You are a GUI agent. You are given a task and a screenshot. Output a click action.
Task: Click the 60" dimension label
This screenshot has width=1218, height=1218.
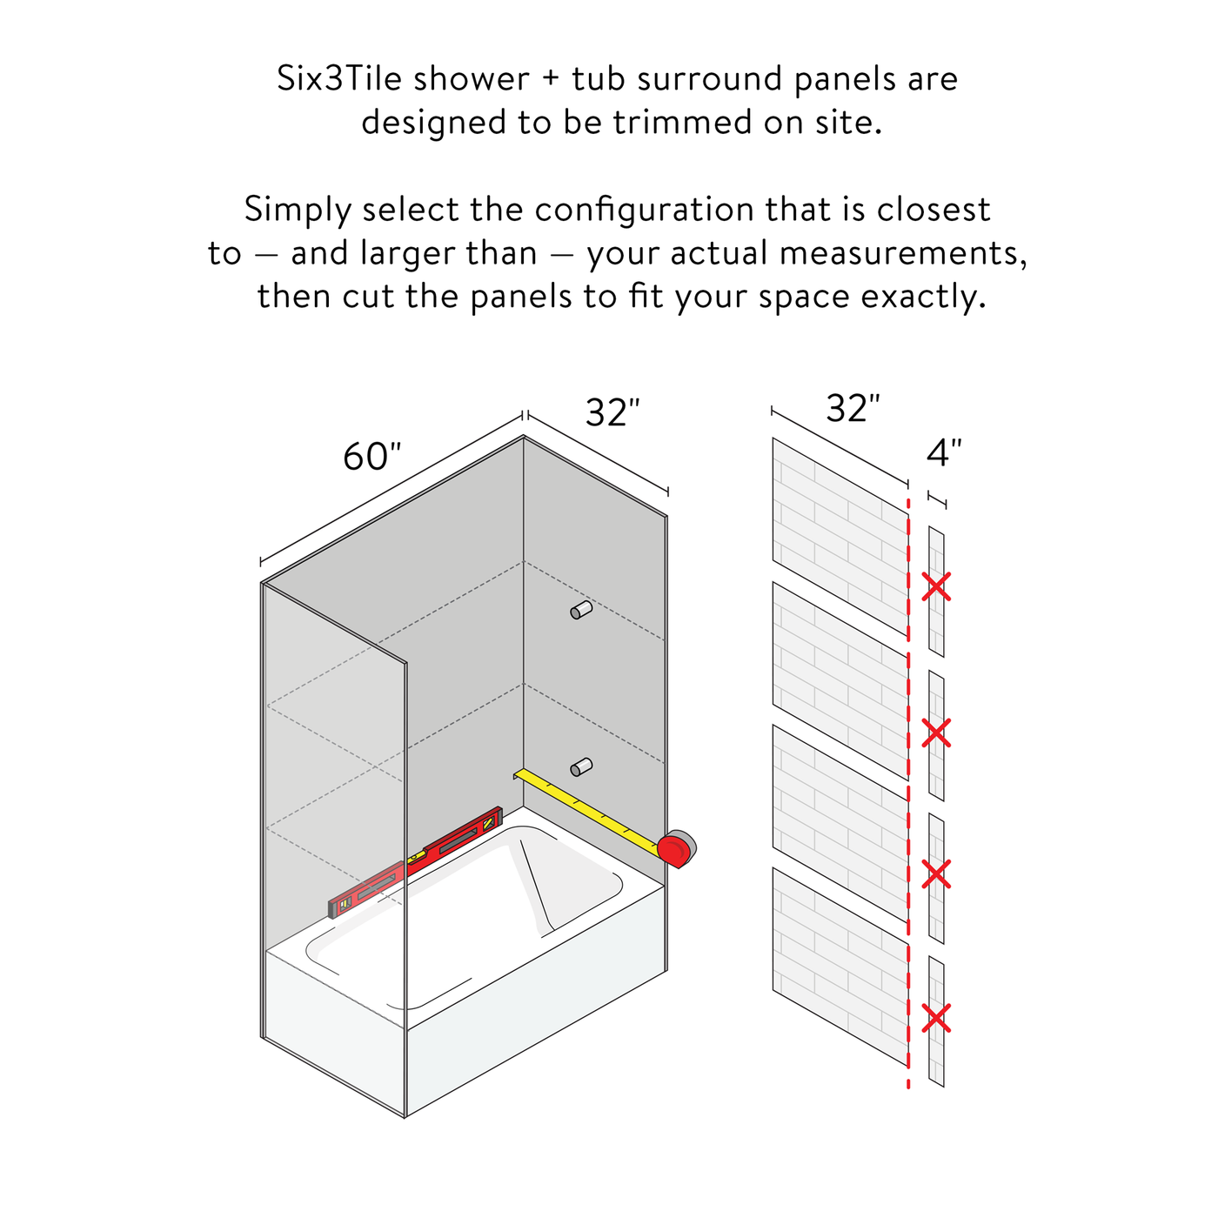(x=371, y=457)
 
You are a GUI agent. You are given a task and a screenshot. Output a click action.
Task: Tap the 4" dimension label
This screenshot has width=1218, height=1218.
(x=944, y=452)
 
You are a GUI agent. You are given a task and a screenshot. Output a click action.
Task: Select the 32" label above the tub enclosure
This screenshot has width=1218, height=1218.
(x=612, y=412)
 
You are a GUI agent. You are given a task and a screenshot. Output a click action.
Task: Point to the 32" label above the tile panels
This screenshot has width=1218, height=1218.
(x=853, y=408)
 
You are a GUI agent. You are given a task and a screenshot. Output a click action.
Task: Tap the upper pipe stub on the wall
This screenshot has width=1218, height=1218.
(x=581, y=610)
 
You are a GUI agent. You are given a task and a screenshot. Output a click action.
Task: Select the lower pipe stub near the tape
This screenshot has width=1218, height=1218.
(x=581, y=766)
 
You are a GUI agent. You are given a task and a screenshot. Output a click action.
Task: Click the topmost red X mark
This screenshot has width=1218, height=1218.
(x=936, y=586)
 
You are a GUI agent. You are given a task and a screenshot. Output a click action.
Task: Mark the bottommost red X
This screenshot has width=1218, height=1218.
(x=936, y=1018)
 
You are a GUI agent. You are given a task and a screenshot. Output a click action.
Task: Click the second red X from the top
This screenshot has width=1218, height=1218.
(x=936, y=733)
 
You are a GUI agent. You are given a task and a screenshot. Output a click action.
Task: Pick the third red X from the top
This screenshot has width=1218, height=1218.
(x=936, y=874)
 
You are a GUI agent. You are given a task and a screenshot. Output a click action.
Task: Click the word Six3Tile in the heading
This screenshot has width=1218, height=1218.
(x=339, y=79)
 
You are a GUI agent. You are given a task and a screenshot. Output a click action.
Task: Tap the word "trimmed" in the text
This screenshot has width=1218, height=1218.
(x=683, y=122)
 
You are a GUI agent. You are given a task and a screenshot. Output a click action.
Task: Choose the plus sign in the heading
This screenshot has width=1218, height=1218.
(x=551, y=80)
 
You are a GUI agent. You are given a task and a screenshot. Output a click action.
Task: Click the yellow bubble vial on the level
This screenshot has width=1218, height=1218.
(x=417, y=857)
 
